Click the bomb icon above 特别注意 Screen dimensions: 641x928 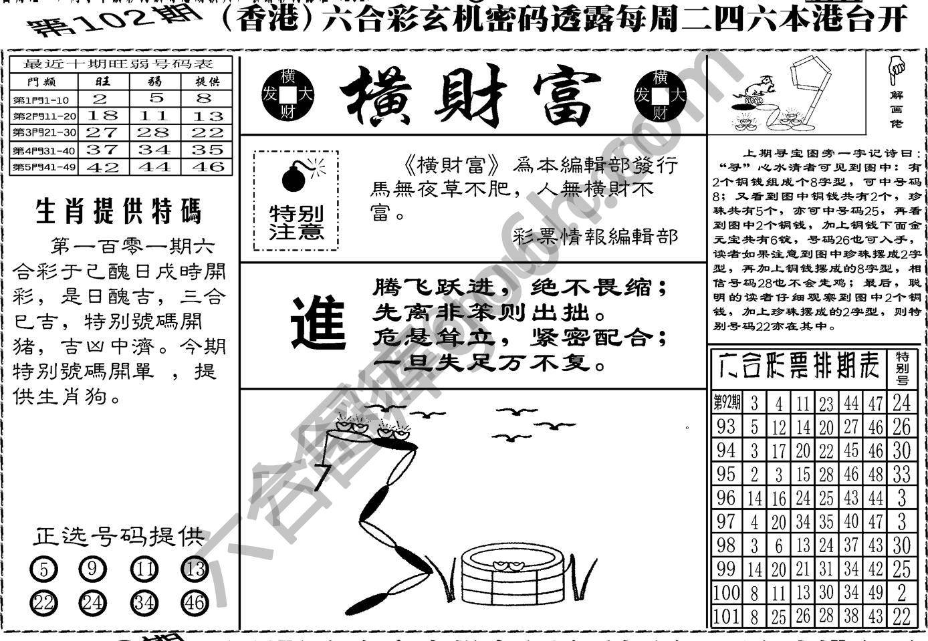click(294, 176)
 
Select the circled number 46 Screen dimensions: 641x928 click(194, 603)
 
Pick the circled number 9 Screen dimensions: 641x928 click(92, 569)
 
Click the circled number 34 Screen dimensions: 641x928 click(144, 603)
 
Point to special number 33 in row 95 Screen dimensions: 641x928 click(901, 474)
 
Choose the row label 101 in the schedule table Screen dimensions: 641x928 click(725, 616)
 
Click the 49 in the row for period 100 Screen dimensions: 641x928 click(876, 592)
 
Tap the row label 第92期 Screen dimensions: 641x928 click(727, 402)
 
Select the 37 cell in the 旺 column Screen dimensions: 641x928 click(102, 150)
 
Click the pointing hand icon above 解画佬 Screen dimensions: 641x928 click(896, 66)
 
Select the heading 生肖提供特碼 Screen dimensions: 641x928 click(118, 212)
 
